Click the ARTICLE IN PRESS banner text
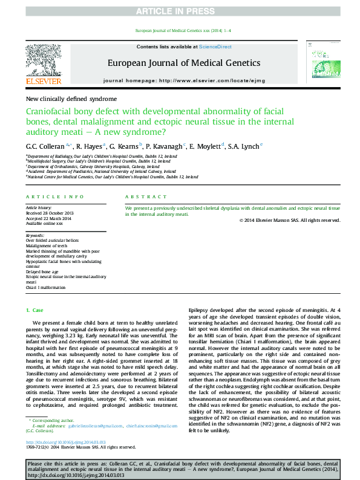tap(180, 11)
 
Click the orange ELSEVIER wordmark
tap(43, 80)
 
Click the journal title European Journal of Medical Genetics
tap(184, 62)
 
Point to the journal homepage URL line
tap(184, 80)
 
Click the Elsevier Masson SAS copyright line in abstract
tap(290, 220)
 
